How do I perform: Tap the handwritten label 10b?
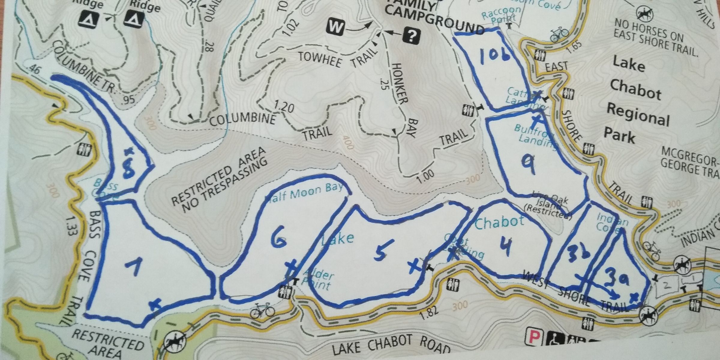[x=495, y=56]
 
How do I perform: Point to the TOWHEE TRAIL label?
[x=337, y=58]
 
